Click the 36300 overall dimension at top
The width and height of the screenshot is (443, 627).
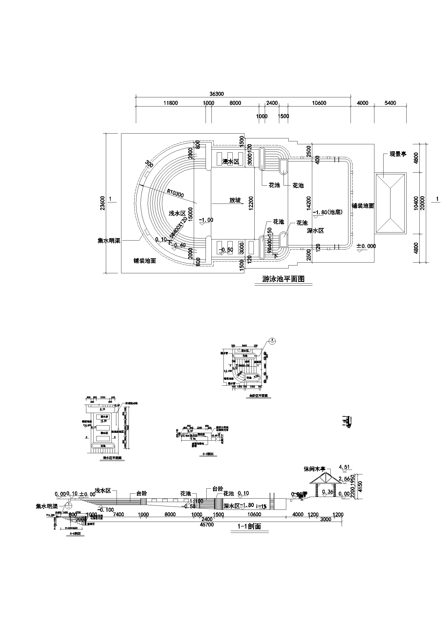217,94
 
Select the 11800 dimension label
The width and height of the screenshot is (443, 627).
170,103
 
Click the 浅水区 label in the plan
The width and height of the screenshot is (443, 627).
177,213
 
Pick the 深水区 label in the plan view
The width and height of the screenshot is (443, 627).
315,231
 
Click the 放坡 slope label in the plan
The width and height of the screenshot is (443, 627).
235,200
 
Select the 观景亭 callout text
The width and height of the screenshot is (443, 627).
398,154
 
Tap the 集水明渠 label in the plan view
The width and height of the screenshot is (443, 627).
109,241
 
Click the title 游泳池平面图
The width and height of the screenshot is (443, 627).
283,279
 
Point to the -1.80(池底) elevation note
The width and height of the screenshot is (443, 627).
327,212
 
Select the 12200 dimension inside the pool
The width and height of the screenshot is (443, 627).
251,203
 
